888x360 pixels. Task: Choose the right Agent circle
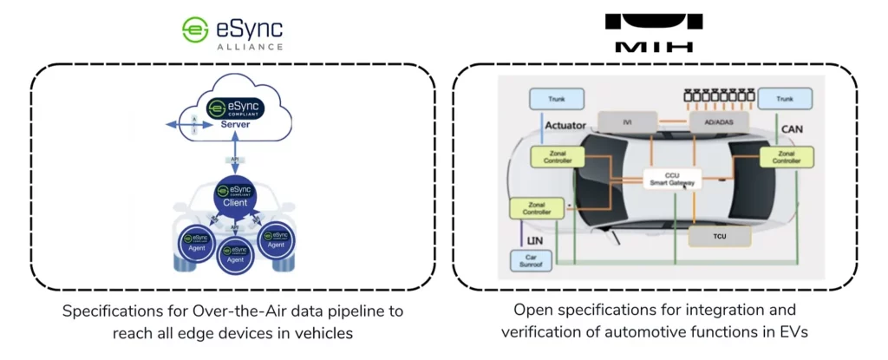point(276,237)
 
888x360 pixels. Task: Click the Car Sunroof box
point(531,260)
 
